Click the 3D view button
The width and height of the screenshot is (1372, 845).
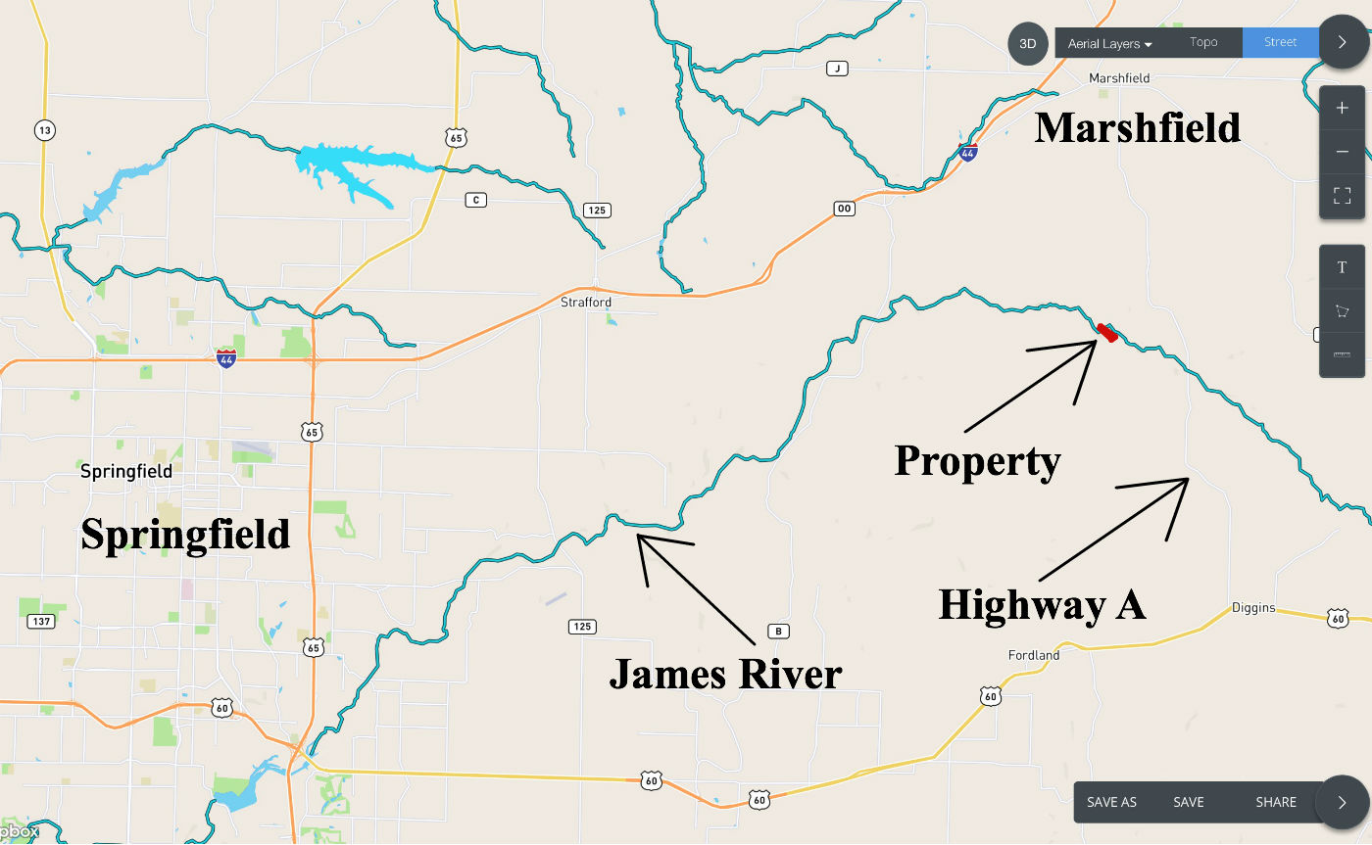(x=1027, y=44)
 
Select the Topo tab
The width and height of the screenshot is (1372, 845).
(x=1203, y=42)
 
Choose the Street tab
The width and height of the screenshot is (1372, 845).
(x=1280, y=42)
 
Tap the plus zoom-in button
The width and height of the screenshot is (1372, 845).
(x=1342, y=108)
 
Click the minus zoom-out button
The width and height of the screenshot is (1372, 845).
(x=1342, y=152)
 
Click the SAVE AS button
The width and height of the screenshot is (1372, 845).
(x=1111, y=802)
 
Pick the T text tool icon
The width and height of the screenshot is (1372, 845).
(x=1342, y=267)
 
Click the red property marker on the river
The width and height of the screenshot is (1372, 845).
(x=1107, y=333)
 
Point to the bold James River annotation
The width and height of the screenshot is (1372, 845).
(x=725, y=674)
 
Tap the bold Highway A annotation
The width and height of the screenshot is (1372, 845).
(x=1042, y=604)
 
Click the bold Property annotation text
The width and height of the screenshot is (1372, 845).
(x=977, y=460)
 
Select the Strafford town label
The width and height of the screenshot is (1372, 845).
(x=586, y=303)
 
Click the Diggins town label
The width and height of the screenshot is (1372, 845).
(x=1253, y=608)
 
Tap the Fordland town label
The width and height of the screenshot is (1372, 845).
(x=1034, y=655)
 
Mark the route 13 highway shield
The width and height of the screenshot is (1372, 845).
(x=43, y=129)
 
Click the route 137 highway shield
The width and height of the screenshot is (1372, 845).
(x=40, y=622)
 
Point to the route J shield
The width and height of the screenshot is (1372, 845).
(x=836, y=69)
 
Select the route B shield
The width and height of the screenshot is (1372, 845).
(x=778, y=632)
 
